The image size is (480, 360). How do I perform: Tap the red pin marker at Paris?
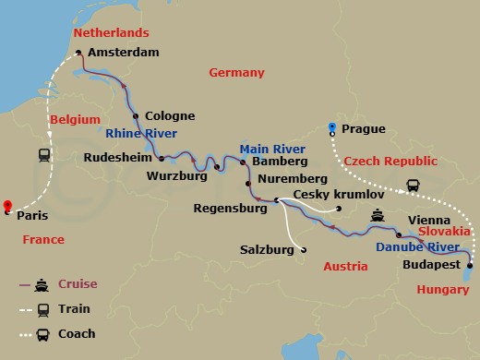[x=8, y=206]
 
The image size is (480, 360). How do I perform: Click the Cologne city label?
[x=170, y=116]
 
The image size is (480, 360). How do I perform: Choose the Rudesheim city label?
[x=119, y=158]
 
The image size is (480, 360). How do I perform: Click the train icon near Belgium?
[x=43, y=155]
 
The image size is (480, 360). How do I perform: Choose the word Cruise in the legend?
[x=78, y=284]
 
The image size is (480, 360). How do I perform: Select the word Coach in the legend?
[x=77, y=334]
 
